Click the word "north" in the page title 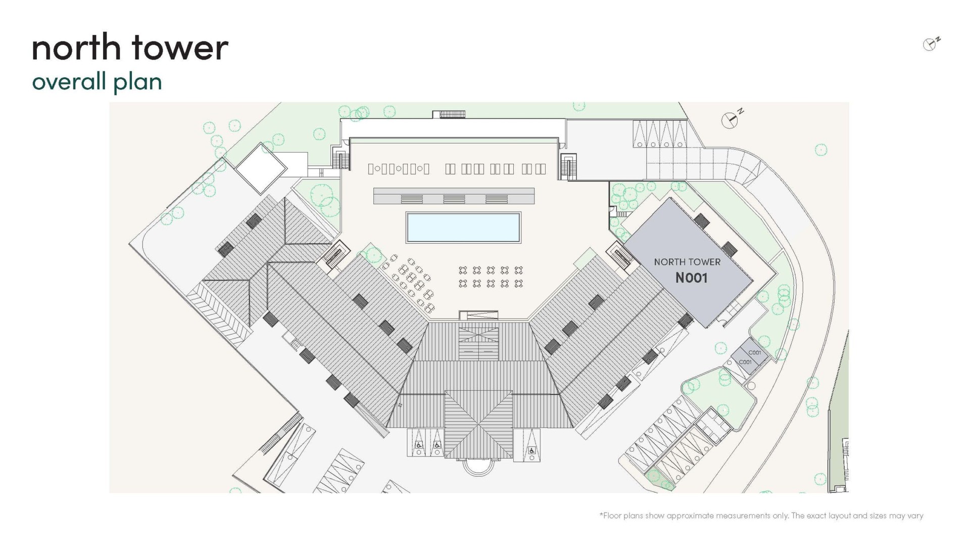coord(76,48)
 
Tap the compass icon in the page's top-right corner coord(931,44)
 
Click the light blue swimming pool coord(463,227)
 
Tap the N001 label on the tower coord(691,278)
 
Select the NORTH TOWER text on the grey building coord(687,262)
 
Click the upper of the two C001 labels coord(755,353)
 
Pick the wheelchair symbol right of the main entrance coord(531,450)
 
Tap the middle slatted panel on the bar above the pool coord(454,199)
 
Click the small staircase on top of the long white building coord(452,115)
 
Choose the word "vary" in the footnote coord(915,516)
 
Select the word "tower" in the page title coord(180,48)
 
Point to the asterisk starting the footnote coord(601,515)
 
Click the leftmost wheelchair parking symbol coord(419,445)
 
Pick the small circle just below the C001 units coord(751,386)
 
